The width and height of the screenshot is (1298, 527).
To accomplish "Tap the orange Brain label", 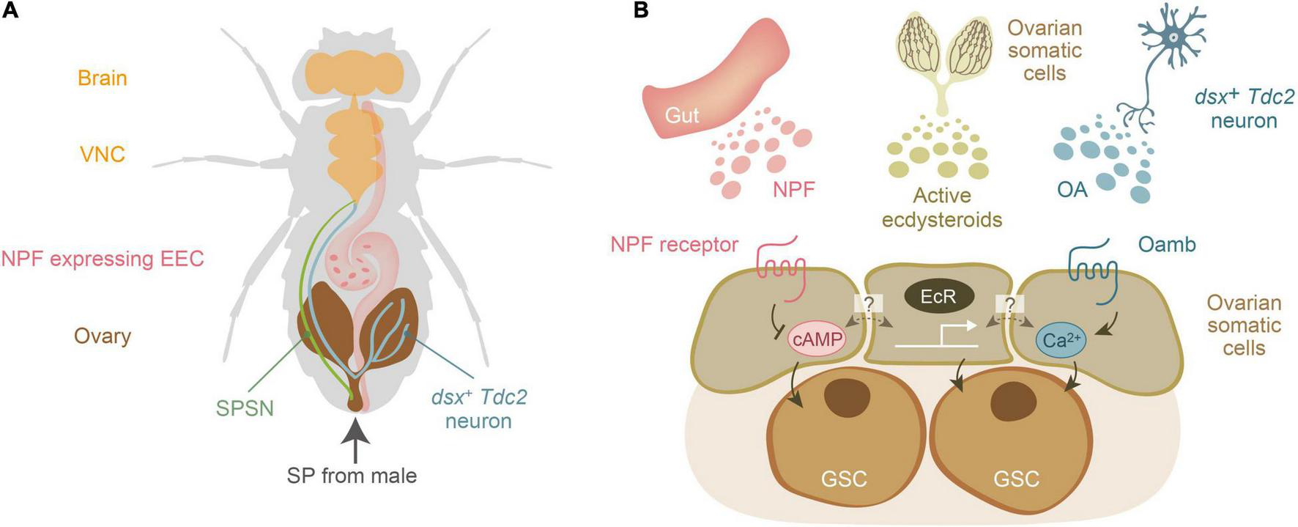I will click(103, 78).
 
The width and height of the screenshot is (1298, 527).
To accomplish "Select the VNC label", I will click(103, 154).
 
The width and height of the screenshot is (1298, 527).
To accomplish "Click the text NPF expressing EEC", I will click(103, 259).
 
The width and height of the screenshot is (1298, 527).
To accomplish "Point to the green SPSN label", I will click(245, 408).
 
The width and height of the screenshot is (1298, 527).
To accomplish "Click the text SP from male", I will click(352, 476).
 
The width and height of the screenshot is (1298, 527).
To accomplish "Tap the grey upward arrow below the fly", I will click(355, 440).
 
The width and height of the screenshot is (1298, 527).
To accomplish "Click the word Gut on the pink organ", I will click(681, 115).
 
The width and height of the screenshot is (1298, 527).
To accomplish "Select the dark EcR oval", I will click(940, 297).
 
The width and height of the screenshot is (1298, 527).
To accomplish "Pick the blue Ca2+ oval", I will click(1061, 341).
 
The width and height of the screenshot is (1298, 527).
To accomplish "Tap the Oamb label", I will click(1167, 244).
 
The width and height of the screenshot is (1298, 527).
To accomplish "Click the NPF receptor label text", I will click(674, 244).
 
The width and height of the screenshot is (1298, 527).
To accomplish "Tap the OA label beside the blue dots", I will click(1072, 189).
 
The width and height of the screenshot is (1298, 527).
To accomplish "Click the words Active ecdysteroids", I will click(941, 207).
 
